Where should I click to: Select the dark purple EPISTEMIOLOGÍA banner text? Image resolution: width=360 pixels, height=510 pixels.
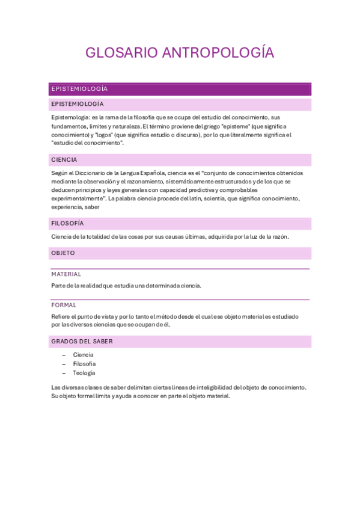pyautogui.click(x=79, y=89)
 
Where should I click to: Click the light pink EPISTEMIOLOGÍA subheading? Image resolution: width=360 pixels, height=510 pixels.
pyautogui.click(x=78, y=104)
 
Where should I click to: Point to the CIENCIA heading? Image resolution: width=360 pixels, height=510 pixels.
pyautogui.click(x=64, y=160)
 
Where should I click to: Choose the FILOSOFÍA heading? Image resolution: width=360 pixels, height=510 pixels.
pyautogui.click(x=67, y=223)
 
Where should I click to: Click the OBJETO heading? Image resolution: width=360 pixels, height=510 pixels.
pyautogui.click(x=63, y=253)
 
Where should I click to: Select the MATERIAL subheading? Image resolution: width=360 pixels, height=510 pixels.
pyautogui.click(x=66, y=274)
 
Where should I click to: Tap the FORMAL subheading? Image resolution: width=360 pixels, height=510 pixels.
pyautogui.click(x=64, y=305)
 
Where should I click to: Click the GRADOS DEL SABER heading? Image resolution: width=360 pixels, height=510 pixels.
pyautogui.click(x=82, y=341)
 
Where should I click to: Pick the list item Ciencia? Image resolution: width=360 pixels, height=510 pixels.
pyautogui.click(x=83, y=355)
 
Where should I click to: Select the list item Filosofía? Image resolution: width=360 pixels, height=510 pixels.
pyautogui.click(x=84, y=364)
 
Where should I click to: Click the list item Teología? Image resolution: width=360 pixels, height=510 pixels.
pyautogui.click(x=84, y=373)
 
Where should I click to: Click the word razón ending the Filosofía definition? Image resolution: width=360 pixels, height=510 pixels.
pyautogui.click(x=280, y=236)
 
